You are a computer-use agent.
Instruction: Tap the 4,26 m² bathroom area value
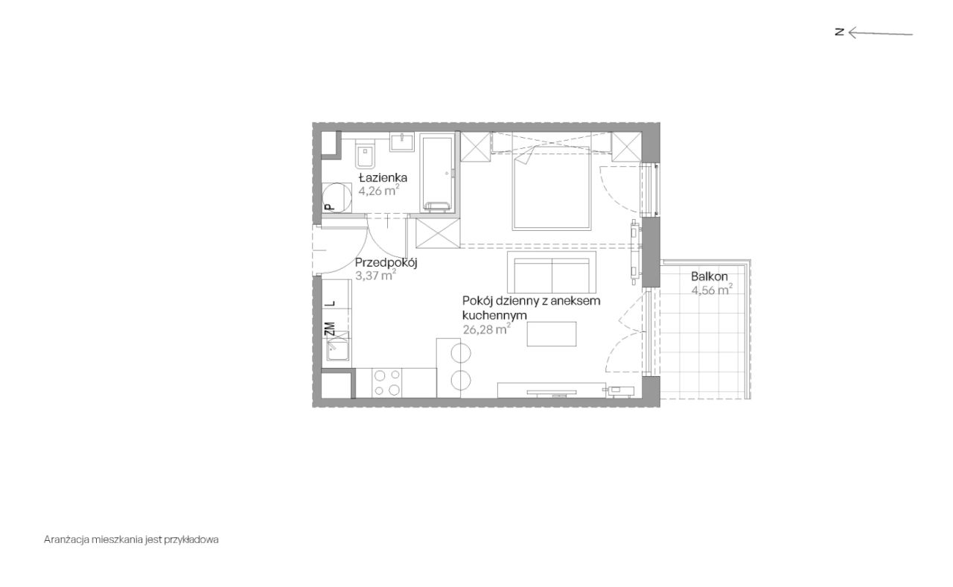coord(379,190)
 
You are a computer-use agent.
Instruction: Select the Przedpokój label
coord(386,262)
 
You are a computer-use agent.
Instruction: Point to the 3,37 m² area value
coord(375,274)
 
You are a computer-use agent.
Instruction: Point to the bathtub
coord(436,172)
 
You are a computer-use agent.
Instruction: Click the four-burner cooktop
coord(387,383)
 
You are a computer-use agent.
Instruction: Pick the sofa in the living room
coord(551,273)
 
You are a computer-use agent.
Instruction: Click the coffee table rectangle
coord(552,333)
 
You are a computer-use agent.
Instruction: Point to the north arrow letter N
coord(839,32)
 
